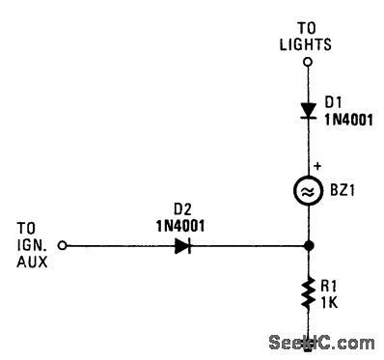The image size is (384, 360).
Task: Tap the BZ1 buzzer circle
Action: [x=307, y=192]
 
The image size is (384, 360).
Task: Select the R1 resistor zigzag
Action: [x=307, y=293]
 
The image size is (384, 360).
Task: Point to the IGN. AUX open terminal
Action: [x=62, y=245]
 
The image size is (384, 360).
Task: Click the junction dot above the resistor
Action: [x=307, y=245]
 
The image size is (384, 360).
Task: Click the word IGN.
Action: [x=28, y=245]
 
